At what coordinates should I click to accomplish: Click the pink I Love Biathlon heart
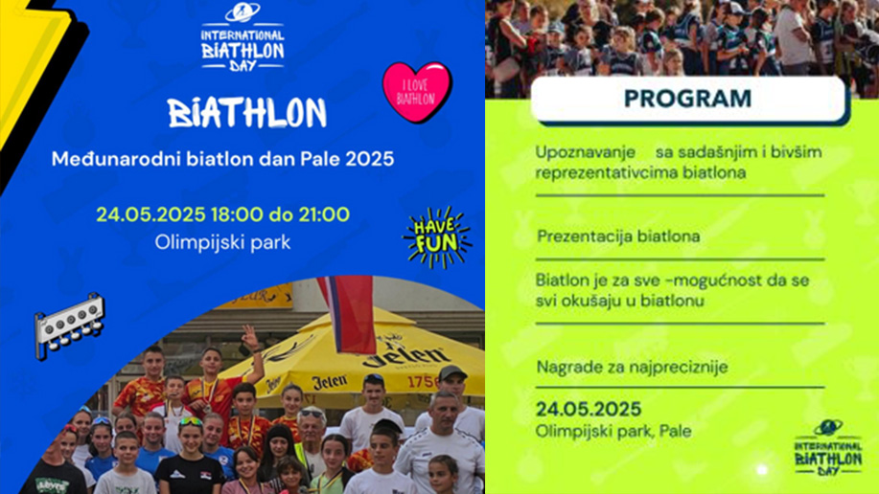click(x=417, y=91)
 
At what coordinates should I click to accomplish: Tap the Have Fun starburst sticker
click(x=437, y=236)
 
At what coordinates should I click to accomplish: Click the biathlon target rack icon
click(x=70, y=325)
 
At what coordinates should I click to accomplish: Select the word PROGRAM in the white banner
click(x=687, y=99)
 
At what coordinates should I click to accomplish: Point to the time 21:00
click(x=323, y=214)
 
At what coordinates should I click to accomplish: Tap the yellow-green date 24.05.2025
click(x=150, y=214)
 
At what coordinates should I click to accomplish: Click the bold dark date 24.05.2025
click(x=589, y=409)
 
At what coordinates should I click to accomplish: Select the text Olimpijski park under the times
click(x=222, y=242)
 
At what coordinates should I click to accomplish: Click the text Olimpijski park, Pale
click(x=613, y=431)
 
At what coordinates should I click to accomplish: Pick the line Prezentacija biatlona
click(x=618, y=236)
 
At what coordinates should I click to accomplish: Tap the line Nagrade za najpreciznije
click(x=633, y=368)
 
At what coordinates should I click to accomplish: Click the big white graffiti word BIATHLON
click(x=247, y=113)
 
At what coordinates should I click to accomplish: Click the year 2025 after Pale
click(x=369, y=159)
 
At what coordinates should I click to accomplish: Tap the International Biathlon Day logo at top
click(x=243, y=37)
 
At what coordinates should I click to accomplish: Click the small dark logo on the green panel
click(x=828, y=448)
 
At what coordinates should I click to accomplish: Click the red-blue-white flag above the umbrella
click(x=348, y=314)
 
